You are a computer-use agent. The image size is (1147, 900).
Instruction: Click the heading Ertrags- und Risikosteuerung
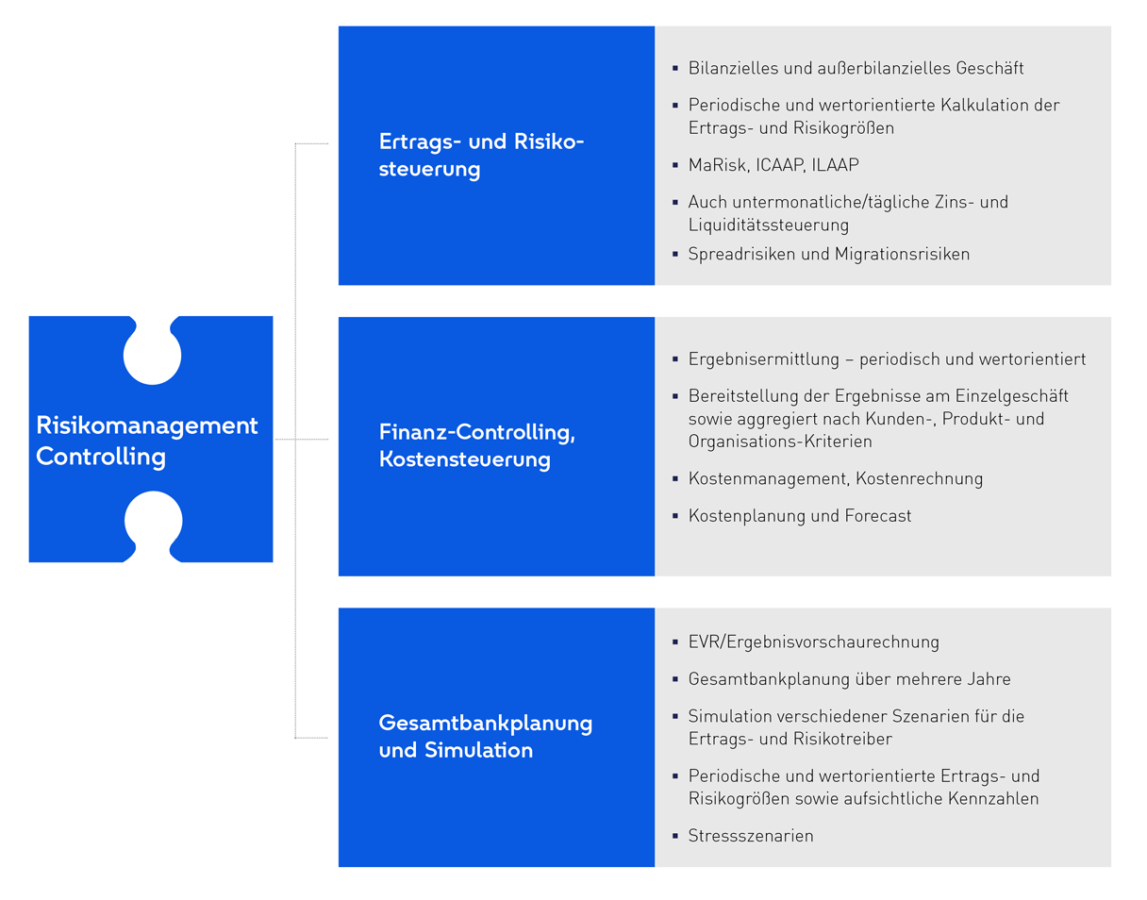pos(481,156)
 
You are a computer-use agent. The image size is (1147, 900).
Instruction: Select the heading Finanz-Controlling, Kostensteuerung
pos(476,446)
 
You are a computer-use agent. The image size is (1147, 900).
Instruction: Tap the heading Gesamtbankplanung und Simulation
pos(485,737)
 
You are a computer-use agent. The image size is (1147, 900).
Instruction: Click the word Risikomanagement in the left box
pos(147,425)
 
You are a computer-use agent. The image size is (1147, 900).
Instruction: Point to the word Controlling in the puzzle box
pos(101,458)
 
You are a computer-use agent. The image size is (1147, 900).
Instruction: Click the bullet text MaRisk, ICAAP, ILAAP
pos(773,165)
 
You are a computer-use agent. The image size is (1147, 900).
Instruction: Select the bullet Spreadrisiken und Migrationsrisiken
pos(828,254)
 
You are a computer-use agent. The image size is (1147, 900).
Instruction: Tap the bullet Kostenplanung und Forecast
pos(800,516)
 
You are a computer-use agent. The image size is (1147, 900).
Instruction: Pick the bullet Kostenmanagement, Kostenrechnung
pos(835,478)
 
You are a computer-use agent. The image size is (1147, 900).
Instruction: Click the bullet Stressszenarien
pos(751,836)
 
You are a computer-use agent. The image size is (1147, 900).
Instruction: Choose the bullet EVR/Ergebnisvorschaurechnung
pos(813,642)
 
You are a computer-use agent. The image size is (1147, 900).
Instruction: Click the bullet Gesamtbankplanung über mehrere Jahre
pos(849,679)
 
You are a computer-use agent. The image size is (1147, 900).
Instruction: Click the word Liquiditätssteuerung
pos(768,225)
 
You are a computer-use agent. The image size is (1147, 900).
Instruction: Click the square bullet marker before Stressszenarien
pos(675,836)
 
